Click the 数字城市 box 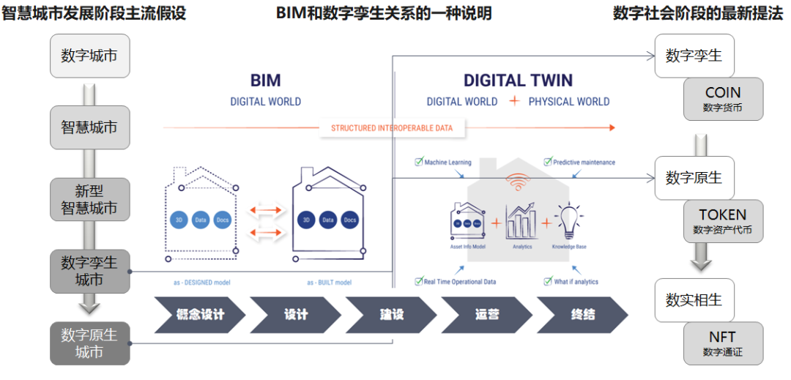(89, 56)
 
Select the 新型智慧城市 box (89, 200)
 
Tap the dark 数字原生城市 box (89, 343)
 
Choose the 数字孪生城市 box (89, 271)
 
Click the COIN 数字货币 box (723, 100)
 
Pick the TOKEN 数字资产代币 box (723, 222)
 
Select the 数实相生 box (694, 299)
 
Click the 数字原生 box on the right (694, 177)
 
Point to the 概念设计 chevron (199, 315)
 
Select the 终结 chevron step (582, 315)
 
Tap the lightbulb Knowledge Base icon (568, 220)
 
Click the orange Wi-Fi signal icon (519, 181)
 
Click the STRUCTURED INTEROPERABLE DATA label (392, 128)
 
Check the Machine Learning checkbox (418, 162)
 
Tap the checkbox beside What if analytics (547, 281)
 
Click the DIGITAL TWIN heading (518, 81)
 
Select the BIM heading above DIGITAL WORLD (265, 81)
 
